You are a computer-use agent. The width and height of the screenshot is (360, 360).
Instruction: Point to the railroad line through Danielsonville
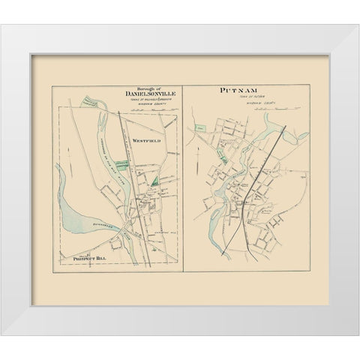[x=133, y=180]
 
